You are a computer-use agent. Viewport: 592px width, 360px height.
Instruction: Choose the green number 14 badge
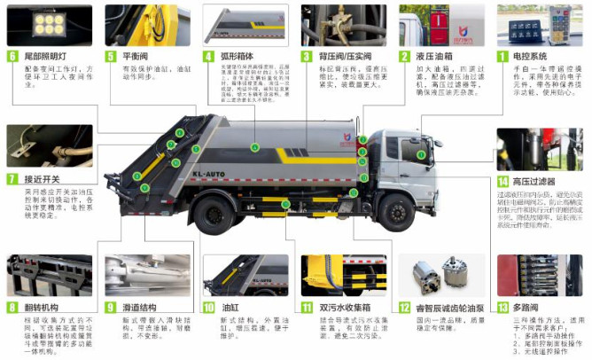tap(502, 181)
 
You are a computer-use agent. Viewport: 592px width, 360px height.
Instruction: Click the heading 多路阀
tap(526, 307)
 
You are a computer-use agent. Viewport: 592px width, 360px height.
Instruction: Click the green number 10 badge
tap(209, 308)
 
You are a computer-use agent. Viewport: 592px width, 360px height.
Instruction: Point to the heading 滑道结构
tap(138, 307)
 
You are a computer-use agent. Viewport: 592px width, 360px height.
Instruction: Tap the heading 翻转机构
tap(40, 307)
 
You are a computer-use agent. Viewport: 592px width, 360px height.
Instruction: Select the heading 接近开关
tap(41, 178)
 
